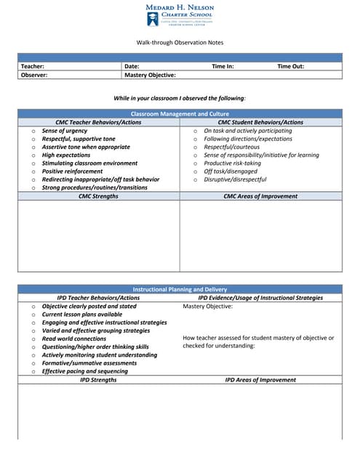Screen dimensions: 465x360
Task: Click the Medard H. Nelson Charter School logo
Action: pos(180,15)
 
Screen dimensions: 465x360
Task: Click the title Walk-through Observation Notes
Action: pos(180,43)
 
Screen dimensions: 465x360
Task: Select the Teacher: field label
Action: pos(33,66)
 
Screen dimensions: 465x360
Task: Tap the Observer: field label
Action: pos(34,74)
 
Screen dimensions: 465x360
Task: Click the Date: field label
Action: pos(132,66)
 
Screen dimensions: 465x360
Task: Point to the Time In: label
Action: pos(223,66)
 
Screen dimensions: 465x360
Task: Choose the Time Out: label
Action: pos(291,66)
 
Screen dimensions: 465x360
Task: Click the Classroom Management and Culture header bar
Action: pos(180,114)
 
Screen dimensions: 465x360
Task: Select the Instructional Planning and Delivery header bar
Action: pos(180,289)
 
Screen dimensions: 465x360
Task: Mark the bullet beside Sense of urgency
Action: pos(33,131)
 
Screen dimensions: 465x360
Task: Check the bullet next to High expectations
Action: pos(33,155)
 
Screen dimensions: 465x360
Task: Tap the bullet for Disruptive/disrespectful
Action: pos(196,179)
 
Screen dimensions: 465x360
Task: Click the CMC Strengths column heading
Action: pos(98,196)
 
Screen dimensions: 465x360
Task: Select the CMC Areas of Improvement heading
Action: pos(260,196)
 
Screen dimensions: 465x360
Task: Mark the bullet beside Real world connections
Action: pos(33,339)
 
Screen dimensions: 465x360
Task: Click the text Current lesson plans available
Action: pos(82,315)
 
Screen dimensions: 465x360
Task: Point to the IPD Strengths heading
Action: pos(98,380)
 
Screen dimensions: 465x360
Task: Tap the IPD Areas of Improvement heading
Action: pos(260,380)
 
